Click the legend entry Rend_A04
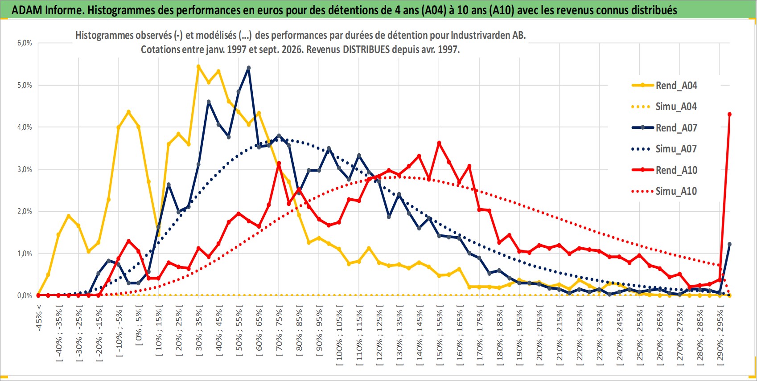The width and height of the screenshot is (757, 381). [x=664, y=86]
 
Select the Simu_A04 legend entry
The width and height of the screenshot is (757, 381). [x=664, y=107]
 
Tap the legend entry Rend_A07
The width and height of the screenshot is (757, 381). [x=664, y=128]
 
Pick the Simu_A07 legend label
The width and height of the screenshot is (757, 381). [x=664, y=149]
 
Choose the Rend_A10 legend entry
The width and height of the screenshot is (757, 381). [x=664, y=170]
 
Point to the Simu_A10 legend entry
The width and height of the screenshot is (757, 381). [x=664, y=191]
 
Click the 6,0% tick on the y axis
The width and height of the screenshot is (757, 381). [x=25, y=43]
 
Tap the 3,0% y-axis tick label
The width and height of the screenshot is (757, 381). [x=25, y=169]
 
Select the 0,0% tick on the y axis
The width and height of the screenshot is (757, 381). [x=25, y=295]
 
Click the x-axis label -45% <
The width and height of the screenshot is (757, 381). [x=39, y=318]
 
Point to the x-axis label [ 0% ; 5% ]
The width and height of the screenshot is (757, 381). [x=139, y=325]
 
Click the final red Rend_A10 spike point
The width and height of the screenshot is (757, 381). [x=729, y=115]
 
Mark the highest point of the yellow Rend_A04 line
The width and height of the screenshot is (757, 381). [x=198, y=66]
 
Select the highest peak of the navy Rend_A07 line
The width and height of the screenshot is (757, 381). [x=249, y=68]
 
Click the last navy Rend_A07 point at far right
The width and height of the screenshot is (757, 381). [x=729, y=244]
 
